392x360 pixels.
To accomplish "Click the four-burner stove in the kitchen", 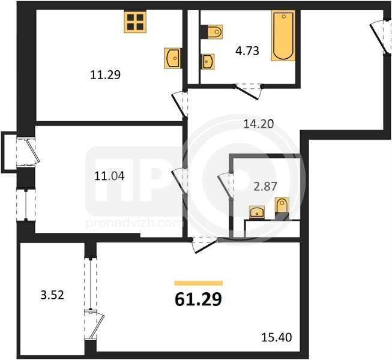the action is coord(135,22).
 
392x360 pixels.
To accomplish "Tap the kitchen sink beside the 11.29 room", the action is coord(172,58).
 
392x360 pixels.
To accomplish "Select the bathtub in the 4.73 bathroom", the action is coord(283,35).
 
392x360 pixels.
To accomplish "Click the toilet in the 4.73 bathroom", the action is coord(211,32).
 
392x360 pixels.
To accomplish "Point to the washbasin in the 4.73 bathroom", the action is coord(207,61).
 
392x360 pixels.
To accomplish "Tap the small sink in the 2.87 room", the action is coord(257,212).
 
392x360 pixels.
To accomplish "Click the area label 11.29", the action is coord(105,74).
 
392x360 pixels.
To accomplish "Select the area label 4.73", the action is coord(247,51).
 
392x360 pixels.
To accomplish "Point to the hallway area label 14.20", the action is coord(259,124).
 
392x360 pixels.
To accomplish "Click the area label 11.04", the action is coord(109,176).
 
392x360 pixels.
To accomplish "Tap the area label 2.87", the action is coord(265,187).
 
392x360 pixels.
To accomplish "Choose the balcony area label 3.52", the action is coord(52,295).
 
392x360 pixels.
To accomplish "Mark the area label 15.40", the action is coord(277,338).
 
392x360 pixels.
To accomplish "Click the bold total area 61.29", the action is coord(198,299).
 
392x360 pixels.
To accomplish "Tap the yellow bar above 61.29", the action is coord(199,283).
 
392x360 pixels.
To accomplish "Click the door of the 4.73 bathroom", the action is coord(248,92).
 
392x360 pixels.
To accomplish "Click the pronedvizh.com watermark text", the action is coord(133,222).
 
